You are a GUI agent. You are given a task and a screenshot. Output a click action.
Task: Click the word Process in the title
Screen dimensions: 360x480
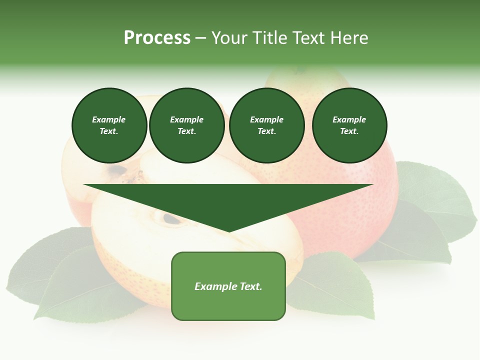[157, 38]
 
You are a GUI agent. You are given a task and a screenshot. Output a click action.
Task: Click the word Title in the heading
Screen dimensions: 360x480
[268, 38]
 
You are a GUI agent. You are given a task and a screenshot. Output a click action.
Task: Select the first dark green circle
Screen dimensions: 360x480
[109, 125]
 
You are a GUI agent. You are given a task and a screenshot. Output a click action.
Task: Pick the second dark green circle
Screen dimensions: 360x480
[187, 125]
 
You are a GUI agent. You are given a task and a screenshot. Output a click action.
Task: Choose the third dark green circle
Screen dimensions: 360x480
[267, 125]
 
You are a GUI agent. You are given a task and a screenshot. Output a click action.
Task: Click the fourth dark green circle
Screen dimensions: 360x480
[349, 125]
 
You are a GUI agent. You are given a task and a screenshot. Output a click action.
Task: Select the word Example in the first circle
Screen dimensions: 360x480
[109, 119]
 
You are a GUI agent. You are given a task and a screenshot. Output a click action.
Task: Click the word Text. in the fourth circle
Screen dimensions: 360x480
[349, 131]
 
